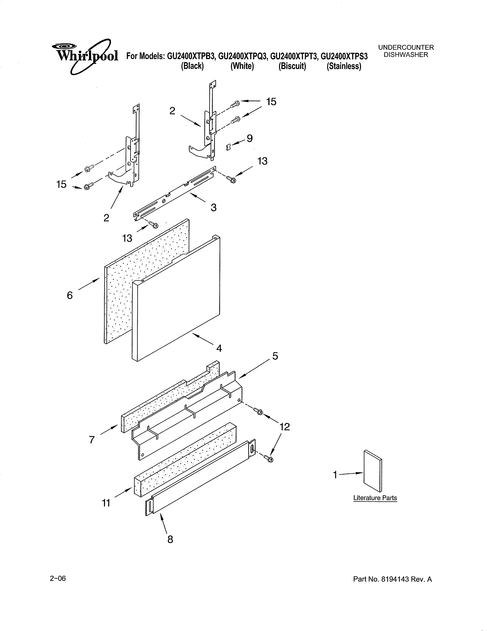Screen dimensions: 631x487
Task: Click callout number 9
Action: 250,138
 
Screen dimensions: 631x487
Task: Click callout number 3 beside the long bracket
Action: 214,207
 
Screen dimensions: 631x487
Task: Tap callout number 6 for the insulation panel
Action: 70,295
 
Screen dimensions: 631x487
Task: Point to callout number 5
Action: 275,356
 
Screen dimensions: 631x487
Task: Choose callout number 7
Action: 92,440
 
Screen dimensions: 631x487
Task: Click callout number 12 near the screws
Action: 285,427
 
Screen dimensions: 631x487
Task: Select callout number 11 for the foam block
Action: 106,503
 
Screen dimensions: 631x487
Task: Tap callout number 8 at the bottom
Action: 170,539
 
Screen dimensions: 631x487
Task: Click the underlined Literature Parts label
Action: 375,498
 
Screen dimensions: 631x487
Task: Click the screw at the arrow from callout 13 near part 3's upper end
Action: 231,180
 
